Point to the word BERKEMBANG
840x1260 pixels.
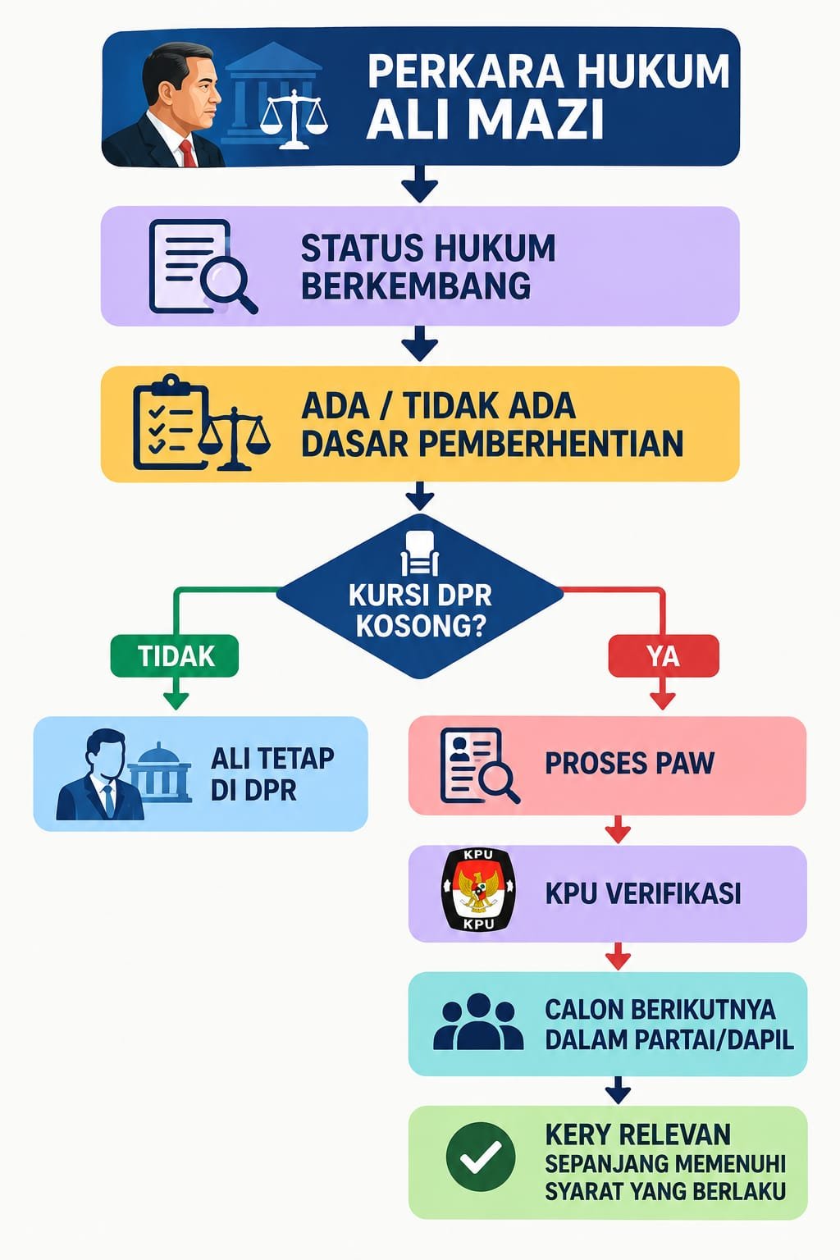tap(416, 285)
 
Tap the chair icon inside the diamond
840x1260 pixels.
tap(420, 553)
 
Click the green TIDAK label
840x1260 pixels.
tap(175, 656)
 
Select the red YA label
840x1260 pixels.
tap(664, 656)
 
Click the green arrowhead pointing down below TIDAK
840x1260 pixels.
tap(176, 700)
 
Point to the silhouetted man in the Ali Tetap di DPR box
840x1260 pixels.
tap(100, 775)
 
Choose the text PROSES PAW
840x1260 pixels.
tap(629, 764)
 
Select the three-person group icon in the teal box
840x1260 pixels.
tap(478, 1022)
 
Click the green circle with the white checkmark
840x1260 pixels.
tap(481, 1157)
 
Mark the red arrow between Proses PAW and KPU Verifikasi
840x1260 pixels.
tap(617, 829)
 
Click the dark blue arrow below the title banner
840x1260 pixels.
tap(420, 184)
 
